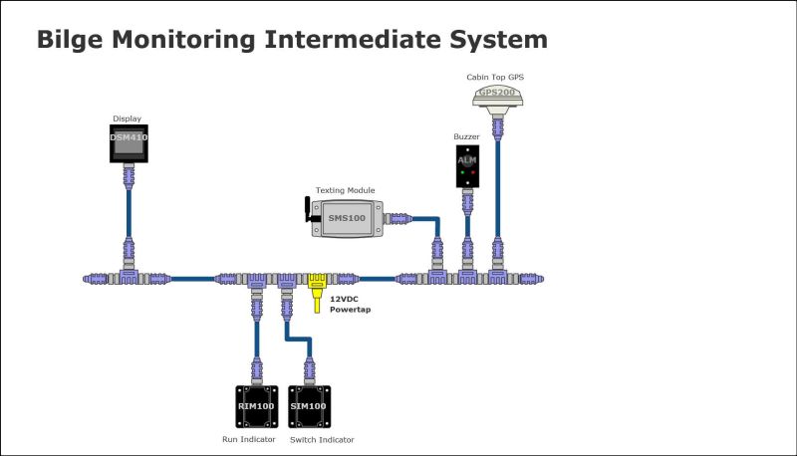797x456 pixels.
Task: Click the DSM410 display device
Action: pyautogui.click(x=128, y=143)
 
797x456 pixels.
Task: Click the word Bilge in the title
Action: pyautogui.click(x=70, y=40)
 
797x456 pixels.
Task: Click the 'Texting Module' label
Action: pyautogui.click(x=345, y=189)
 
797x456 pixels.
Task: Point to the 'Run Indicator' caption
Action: pyautogui.click(x=248, y=439)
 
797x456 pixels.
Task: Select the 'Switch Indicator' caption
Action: pyautogui.click(x=321, y=439)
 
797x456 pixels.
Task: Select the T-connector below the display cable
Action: pyautogui.click(x=128, y=275)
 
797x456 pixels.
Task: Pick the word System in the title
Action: pyautogui.click(x=500, y=40)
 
